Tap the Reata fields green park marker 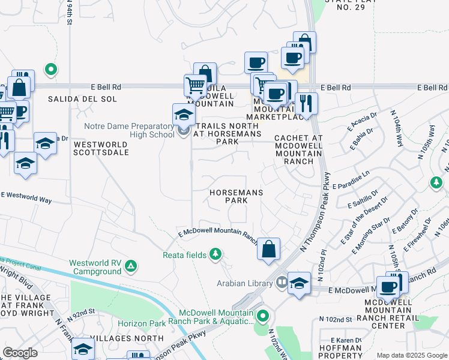[215, 255]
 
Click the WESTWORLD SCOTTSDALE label [101, 148]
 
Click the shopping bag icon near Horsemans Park [269, 248]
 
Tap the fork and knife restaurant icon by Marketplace [306, 103]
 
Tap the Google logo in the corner [20, 352]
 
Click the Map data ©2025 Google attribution [412, 355]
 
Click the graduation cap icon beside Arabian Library [299, 283]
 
